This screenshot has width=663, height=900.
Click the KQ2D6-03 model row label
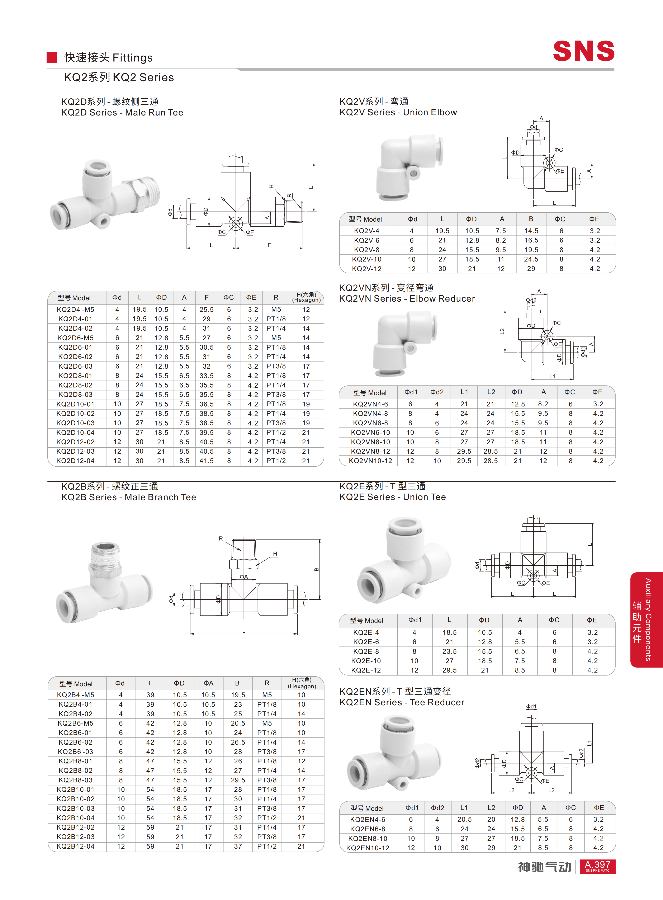(75, 366)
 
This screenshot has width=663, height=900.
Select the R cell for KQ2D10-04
(276, 432)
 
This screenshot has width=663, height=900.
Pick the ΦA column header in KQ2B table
(208, 683)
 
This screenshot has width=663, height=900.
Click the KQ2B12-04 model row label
(75, 846)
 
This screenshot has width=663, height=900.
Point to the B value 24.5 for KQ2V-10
(531, 259)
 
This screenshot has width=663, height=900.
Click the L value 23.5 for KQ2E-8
(450, 651)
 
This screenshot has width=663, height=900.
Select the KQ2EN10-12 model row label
(368, 848)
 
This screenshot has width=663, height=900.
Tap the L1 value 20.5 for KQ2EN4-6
(464, 819)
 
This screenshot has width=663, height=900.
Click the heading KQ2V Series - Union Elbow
(398, 112)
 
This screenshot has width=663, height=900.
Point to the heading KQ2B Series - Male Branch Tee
(128, 497)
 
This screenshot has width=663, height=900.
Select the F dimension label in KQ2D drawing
(269, 245)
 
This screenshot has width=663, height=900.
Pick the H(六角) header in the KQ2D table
(306, 297)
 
